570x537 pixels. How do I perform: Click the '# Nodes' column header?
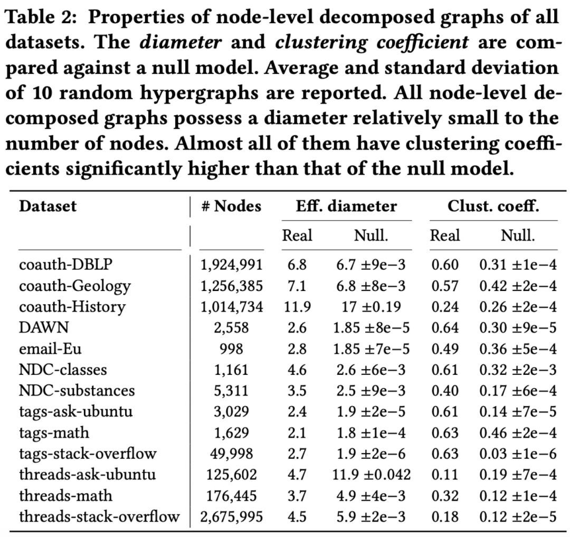pos(231,206)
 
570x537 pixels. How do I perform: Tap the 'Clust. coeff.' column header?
pos(493,206)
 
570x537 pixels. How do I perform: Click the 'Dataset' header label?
pos(48,206)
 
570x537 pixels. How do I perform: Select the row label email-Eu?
pos(51,348)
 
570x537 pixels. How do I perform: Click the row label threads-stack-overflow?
pos(99,516)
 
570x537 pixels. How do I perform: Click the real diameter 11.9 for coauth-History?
pos(297,307)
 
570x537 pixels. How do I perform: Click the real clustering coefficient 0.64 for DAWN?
pos(445,327)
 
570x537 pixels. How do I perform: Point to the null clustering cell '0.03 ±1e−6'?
pos(517,453)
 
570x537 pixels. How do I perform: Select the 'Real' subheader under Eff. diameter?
pos(297,235)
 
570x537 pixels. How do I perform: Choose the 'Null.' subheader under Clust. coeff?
pos(517,235)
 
